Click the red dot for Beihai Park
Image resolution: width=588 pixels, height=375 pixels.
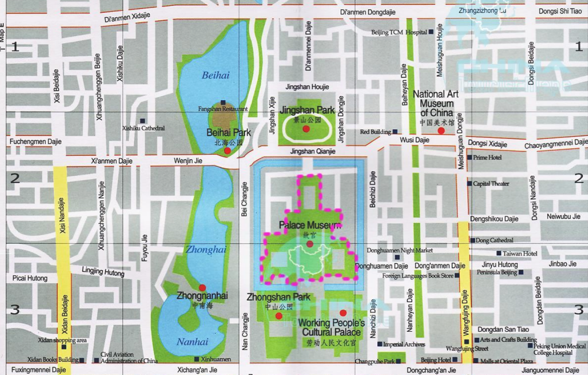pos(227,150)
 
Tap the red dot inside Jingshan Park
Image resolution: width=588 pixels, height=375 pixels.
pos(306,129)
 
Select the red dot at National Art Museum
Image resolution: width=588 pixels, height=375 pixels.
pos(441,131)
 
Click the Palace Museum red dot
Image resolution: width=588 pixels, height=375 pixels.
pos(310,244)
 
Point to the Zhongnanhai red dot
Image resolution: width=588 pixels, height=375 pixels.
pos(202,288)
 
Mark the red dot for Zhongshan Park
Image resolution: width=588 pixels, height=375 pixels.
pos(279,316)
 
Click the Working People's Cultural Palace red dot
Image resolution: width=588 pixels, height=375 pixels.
pos(343,313)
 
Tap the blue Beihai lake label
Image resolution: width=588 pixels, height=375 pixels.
pos(215,75)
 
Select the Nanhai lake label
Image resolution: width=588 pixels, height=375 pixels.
pos(192,342)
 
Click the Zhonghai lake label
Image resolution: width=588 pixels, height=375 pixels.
pos(206,250)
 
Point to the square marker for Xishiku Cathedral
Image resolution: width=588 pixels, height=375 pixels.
pos(143,121)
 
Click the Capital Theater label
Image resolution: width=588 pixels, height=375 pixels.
pos(491,184)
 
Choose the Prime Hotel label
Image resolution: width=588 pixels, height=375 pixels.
pos(487,157)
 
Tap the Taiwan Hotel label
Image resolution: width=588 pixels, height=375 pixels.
pos(520,254)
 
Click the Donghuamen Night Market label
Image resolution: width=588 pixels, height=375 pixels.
pos(400,250)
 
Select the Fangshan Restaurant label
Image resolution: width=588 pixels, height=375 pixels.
pos(223,109)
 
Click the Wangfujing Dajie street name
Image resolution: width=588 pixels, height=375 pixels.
pos(465,311)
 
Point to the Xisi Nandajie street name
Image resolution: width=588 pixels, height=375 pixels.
pos(62,216)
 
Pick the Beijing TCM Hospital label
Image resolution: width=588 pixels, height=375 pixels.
pos(399,32)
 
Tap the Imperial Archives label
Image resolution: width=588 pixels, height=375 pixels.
pos(404,344)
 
